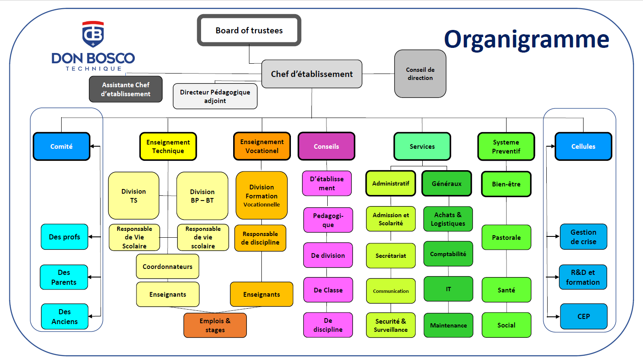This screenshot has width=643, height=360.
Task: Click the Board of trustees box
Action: [249, 30]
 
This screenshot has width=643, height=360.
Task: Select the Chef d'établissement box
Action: [311, 74]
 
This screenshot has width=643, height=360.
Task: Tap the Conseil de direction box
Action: [420, 74]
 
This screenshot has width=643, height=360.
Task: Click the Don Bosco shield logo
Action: [93, 34]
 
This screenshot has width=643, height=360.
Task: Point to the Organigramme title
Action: [526, 39]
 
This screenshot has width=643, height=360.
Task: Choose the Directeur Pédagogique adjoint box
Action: [215, 96]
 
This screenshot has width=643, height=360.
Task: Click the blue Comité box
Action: [61, 146]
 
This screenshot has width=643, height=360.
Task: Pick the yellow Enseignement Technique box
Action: [168, 146]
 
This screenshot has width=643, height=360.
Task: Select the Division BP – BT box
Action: [202, 196]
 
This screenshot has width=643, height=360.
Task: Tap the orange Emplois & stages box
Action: [215, 325]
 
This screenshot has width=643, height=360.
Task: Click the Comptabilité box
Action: [448, 254]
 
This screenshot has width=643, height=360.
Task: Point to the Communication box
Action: [391, 291]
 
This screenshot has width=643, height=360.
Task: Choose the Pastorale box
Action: [506, 237]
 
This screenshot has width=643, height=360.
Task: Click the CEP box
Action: [584, 316]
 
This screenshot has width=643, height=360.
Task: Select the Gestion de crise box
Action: [583, 236]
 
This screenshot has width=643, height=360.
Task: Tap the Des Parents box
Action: [64, 277]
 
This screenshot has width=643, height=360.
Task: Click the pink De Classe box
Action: [328, 290]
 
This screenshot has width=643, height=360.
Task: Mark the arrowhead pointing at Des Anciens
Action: [91, 316]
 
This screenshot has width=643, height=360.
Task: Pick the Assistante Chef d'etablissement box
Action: [125, 89]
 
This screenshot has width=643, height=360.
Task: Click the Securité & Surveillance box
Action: [391, 325]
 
